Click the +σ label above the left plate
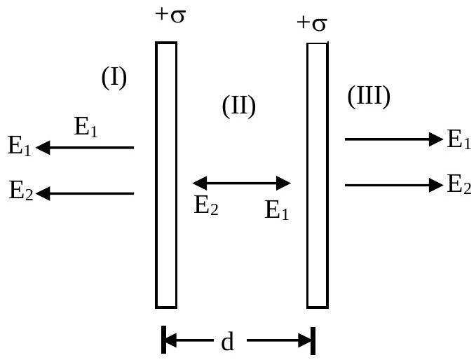pyautogui.click(x=170, y=15)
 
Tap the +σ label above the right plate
pyautogui.click(x=312, y=24)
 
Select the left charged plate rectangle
pyautogui.click(x=166, y=175)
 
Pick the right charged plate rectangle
pyautogui.click(x=318, y=175)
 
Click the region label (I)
pyautogui.click(x=114, y=78)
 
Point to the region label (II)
pyautogui.click(x=239, y=106)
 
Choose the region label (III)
pyautogui.click(x=369, y=97)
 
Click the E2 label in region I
pyautogui.click(x=20, y=191)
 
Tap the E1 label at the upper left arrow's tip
pyautogui.click(x=19, y=146)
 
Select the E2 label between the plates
pyautogui.click(x=206, y=205)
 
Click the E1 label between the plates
pyautogui.click(x=276, y=209)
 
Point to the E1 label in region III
pyautogui.click(x=459, y=139)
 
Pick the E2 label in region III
pyautogui.click(x=459, y=184)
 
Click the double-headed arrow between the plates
pyautogui.click(x=242, y=183)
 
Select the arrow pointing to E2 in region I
pyautogui.click(x=85, y=193)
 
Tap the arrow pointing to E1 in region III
pyautogui.click(x=394, y=139)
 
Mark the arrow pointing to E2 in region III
pyautogui.click(x=394, y=185)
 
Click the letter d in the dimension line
pyautogui.click(x=228, y=341)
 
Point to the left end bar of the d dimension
pyautogui.click(x=163, y=340)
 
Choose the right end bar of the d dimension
pyautogui.click(x=313, y=341)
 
